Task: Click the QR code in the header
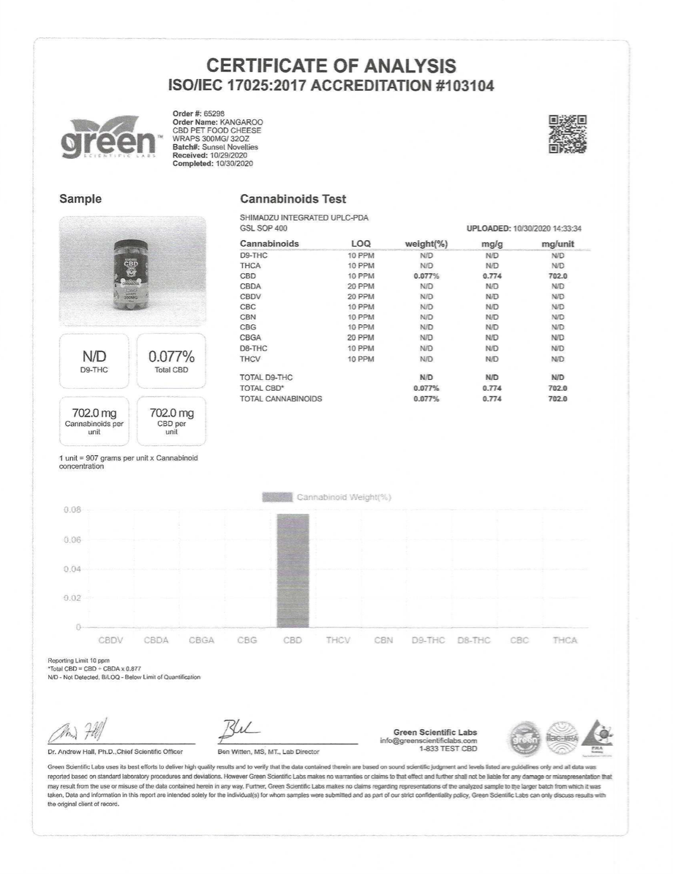pyautogui.click(x=568, y=135)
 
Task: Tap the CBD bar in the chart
pyautogui.click(x=293, y=570)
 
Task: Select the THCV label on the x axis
pyautogui.click(x=338, y=640)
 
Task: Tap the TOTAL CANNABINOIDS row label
pyautogui.click(x=281, y=399)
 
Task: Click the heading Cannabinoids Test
pyautogui.click(x=293, y=199)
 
